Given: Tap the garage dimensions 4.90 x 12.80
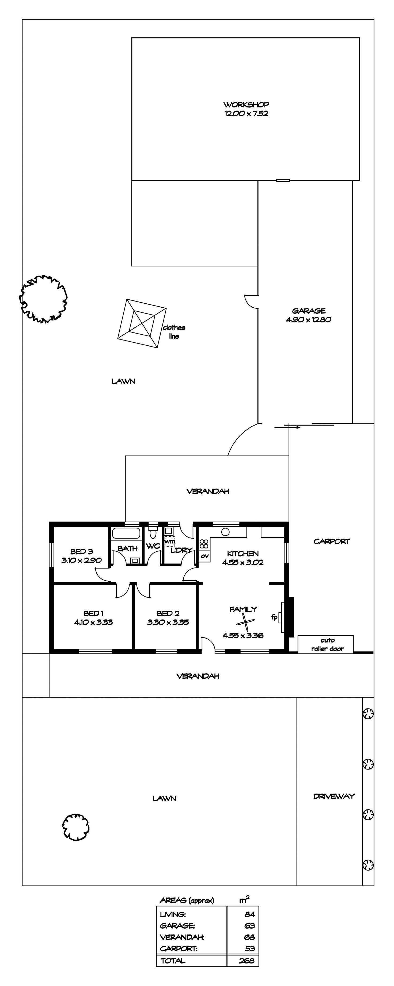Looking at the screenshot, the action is click(309, 320).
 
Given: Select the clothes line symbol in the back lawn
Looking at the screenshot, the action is click(142, 323).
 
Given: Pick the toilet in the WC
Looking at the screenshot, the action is click(153, 532).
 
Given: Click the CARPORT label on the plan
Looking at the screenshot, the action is click(332, 541).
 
